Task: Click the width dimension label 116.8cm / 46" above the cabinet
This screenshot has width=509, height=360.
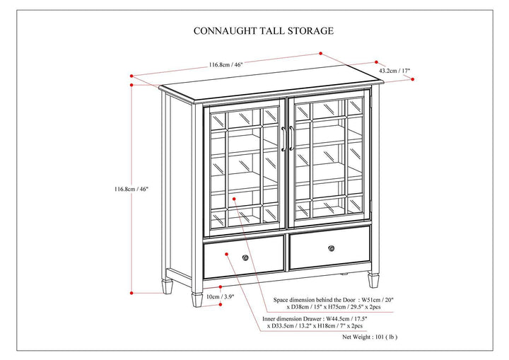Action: click(226, 64)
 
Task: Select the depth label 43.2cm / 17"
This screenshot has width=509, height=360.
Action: click(394, 71)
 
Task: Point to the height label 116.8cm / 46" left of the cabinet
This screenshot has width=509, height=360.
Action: click(132, 189)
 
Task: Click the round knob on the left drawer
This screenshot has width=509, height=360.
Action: click(245, 257)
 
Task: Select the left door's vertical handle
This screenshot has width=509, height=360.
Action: click(283, 139)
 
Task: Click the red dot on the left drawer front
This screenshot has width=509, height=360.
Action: click(225, 252)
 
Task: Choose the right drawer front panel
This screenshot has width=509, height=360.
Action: click(329, 248)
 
